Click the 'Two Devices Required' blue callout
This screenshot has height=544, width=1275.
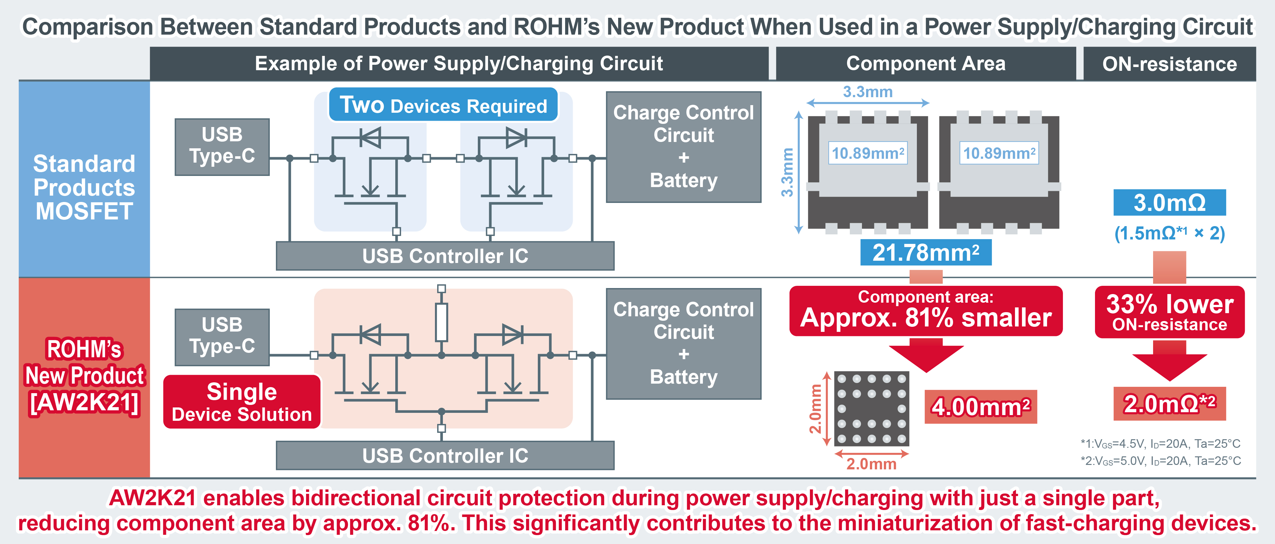pos(443,105)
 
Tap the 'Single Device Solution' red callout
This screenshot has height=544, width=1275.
pos(242,401)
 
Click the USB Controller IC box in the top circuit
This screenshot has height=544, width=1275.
pos(445,256)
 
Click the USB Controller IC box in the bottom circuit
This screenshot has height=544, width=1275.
pos(445,455)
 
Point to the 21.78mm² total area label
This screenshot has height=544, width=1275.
pos(925,252)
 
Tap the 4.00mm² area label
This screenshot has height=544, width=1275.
pos(980,407)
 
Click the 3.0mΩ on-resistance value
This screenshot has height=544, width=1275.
pos(1170,203)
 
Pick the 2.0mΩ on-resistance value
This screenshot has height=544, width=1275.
pos(1170,403)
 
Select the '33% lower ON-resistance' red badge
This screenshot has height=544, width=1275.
pos(1170,312)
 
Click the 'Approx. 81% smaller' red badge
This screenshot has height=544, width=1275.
pos(925,311)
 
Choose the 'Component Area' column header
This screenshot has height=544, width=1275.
pos(925,64)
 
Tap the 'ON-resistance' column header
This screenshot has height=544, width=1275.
pos(1170,64)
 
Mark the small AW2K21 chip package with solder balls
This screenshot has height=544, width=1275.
pos(871,409)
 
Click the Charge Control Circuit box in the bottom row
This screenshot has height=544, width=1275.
pos(684,344)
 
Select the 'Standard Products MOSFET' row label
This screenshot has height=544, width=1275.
pos(84,187)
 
